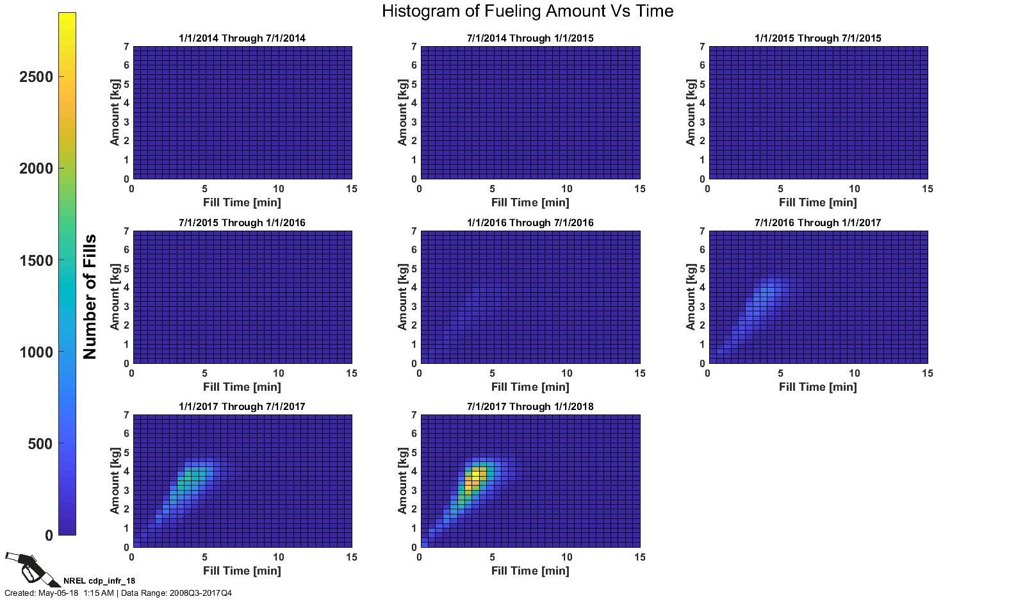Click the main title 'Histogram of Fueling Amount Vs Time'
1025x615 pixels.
[527, 11]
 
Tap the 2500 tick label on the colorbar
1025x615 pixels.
[37, 77]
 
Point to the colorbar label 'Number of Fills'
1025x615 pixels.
[90, 296]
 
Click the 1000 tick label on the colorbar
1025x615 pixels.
[37, 352]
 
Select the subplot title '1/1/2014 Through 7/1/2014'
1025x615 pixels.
[242, 38]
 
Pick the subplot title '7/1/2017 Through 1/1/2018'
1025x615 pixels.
[530, 407]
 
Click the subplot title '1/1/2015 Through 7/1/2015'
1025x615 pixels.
[817, 38]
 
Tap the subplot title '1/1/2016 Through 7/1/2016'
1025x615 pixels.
[530, 223]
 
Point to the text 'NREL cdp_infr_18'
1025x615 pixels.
[99, 581]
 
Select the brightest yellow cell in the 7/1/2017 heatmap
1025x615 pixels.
[476, 475]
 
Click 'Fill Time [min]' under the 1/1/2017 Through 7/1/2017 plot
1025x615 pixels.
[242, 571]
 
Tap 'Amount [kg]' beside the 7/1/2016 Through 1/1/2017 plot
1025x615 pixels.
[691, 297]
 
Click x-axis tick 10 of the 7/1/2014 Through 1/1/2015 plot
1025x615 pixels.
[566, 189]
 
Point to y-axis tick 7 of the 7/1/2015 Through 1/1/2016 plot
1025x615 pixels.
[126, 231]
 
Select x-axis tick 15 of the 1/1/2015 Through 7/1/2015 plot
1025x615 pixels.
[927, 189]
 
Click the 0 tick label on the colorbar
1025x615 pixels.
[49, 536]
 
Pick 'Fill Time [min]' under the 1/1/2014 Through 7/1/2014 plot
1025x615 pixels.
[242, 202]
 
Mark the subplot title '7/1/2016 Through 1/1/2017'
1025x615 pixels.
[817, 223]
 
